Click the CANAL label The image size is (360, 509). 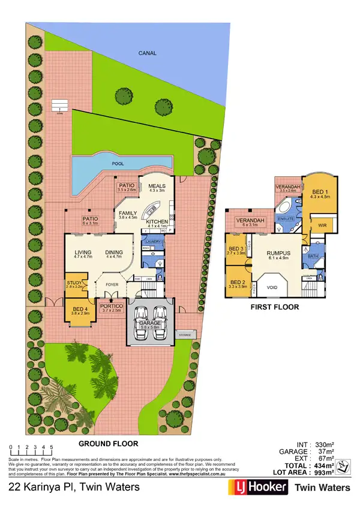(147, 53)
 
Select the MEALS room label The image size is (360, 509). (157, 186)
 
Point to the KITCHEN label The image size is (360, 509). (158, 221)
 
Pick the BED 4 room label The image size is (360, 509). (80, 310)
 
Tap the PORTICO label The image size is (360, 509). (112, 306)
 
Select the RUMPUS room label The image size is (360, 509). (278, 253)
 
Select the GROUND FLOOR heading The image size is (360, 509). (109, 444)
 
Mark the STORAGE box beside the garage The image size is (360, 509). (184, 333)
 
